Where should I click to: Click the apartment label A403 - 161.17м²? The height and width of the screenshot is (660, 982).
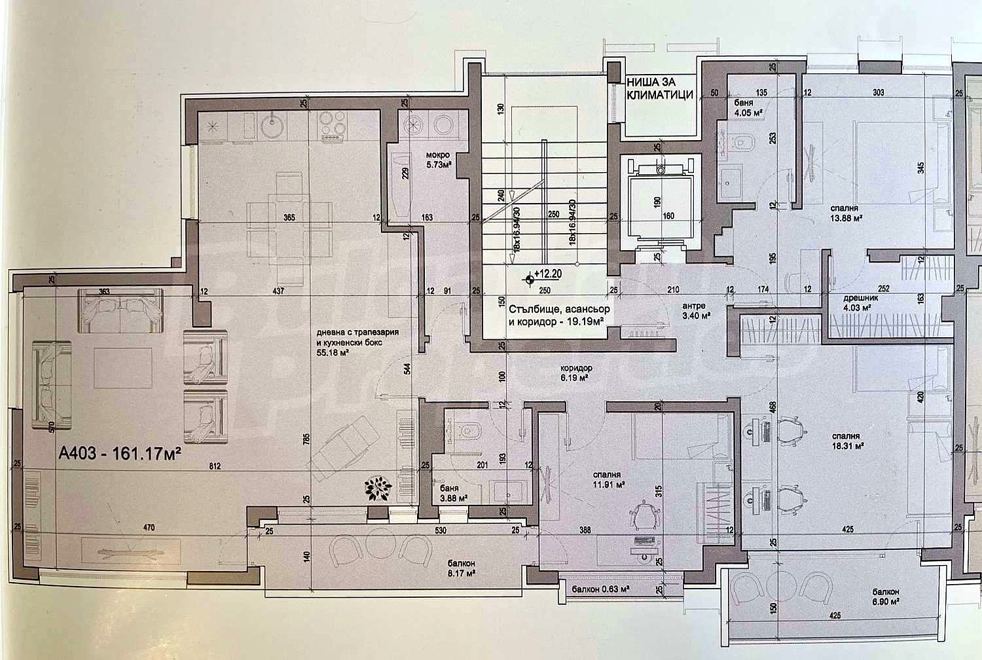[120, 453]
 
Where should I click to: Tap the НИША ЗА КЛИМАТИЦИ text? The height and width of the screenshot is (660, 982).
[659, 88]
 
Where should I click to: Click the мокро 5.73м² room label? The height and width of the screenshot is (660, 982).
[434, 160]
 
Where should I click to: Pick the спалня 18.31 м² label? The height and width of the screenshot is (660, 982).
[843, 440]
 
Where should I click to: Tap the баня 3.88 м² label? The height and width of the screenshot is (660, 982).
[450, 493]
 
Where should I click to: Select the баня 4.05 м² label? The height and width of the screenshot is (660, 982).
[744, 107]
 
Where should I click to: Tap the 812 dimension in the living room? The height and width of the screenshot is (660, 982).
[211, 467]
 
